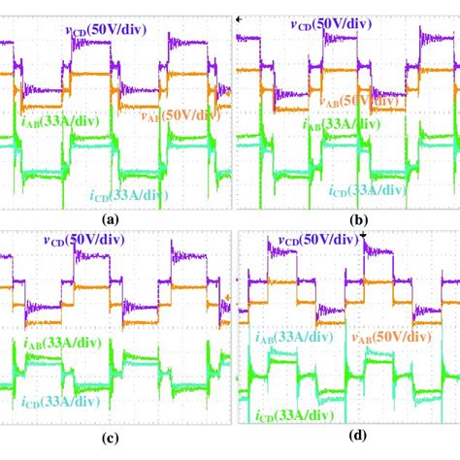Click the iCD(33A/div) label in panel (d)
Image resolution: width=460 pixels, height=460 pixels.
[288, 419]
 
